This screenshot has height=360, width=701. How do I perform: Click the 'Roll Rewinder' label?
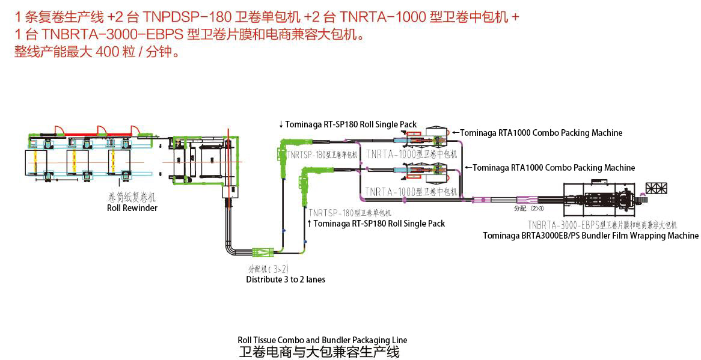132,208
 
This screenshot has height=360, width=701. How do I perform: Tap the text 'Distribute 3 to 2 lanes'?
286,279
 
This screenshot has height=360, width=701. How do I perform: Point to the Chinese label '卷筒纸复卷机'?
132,198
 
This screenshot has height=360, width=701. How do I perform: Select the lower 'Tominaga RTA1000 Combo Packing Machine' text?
553,168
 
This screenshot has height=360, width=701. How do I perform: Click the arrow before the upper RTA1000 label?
455,133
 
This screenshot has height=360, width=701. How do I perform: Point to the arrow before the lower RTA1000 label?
468,168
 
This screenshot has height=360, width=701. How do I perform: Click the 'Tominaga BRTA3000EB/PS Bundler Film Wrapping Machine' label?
590,236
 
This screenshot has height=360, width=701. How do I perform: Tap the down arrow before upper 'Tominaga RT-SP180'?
281,125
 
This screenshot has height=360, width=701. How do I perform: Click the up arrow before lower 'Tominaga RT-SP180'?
310,224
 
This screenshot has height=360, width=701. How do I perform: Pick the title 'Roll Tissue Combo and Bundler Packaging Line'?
322,340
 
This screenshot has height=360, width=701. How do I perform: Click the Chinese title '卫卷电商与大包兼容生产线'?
319,351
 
